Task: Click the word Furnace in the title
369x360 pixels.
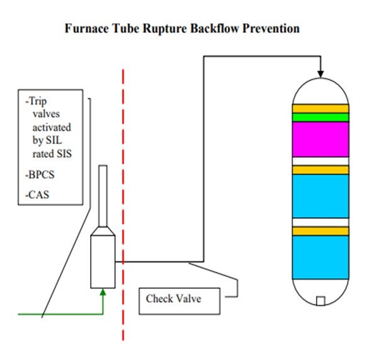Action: [x=87, y=28]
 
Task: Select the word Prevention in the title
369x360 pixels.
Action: [x=271, y=28]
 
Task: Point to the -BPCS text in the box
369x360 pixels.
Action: [x=40, y=175]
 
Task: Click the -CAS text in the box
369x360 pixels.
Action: [x=37, y=194]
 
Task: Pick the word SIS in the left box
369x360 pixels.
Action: [x=64, y=154]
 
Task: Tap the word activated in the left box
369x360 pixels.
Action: [x=52, y=127]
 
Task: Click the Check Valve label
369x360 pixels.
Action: [x=173, y=298]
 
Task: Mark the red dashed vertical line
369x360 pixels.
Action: [x=123, y=205]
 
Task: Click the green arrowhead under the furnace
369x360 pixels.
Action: [x=103, y=292]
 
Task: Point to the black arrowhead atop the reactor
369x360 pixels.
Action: [x=321, y=74]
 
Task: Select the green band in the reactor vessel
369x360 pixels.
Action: [x=321, y=117]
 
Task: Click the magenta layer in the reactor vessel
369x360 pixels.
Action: [x=321, y=140]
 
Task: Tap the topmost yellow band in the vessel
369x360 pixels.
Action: [x=321, y=109]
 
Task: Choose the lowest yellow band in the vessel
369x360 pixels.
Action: [x=321, y=231]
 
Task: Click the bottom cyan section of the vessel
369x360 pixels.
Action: [x=321, y=257]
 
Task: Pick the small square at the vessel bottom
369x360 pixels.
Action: [x=321, y=301]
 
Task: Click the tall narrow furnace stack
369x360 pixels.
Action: [x=103, y=196]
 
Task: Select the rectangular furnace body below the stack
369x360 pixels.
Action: [x=103, y=262]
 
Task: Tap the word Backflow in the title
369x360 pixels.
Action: [x=215, y=28]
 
